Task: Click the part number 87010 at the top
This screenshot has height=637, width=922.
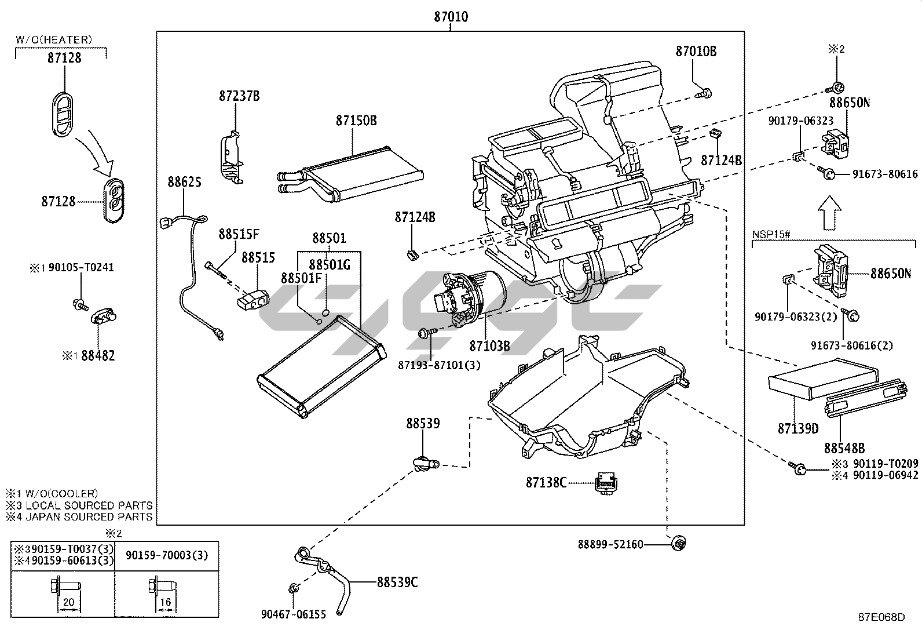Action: point(451,16)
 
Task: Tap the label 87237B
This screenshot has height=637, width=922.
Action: point(239,96)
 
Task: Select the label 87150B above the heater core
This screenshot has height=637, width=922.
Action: point(356,121)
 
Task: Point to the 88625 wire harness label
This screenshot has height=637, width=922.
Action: point(184,181)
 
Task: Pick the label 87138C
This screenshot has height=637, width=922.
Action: point(546,482)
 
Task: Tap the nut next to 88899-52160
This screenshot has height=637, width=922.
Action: point(678,544)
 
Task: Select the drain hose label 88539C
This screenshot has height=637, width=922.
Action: point(397,582)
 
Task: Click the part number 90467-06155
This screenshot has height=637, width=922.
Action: point(294,614)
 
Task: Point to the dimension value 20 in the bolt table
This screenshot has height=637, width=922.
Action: point(69,602)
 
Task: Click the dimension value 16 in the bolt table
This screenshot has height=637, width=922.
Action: point(166,602)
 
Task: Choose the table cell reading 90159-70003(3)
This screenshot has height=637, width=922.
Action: point(167,555)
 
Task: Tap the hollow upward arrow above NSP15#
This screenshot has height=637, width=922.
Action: point(830,213)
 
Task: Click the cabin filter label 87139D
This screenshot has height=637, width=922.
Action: point(798,428)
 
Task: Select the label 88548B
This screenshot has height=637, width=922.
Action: point(844,448)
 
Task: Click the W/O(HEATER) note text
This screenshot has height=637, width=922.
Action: point(54,39)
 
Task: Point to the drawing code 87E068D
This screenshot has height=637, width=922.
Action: point(881,617)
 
